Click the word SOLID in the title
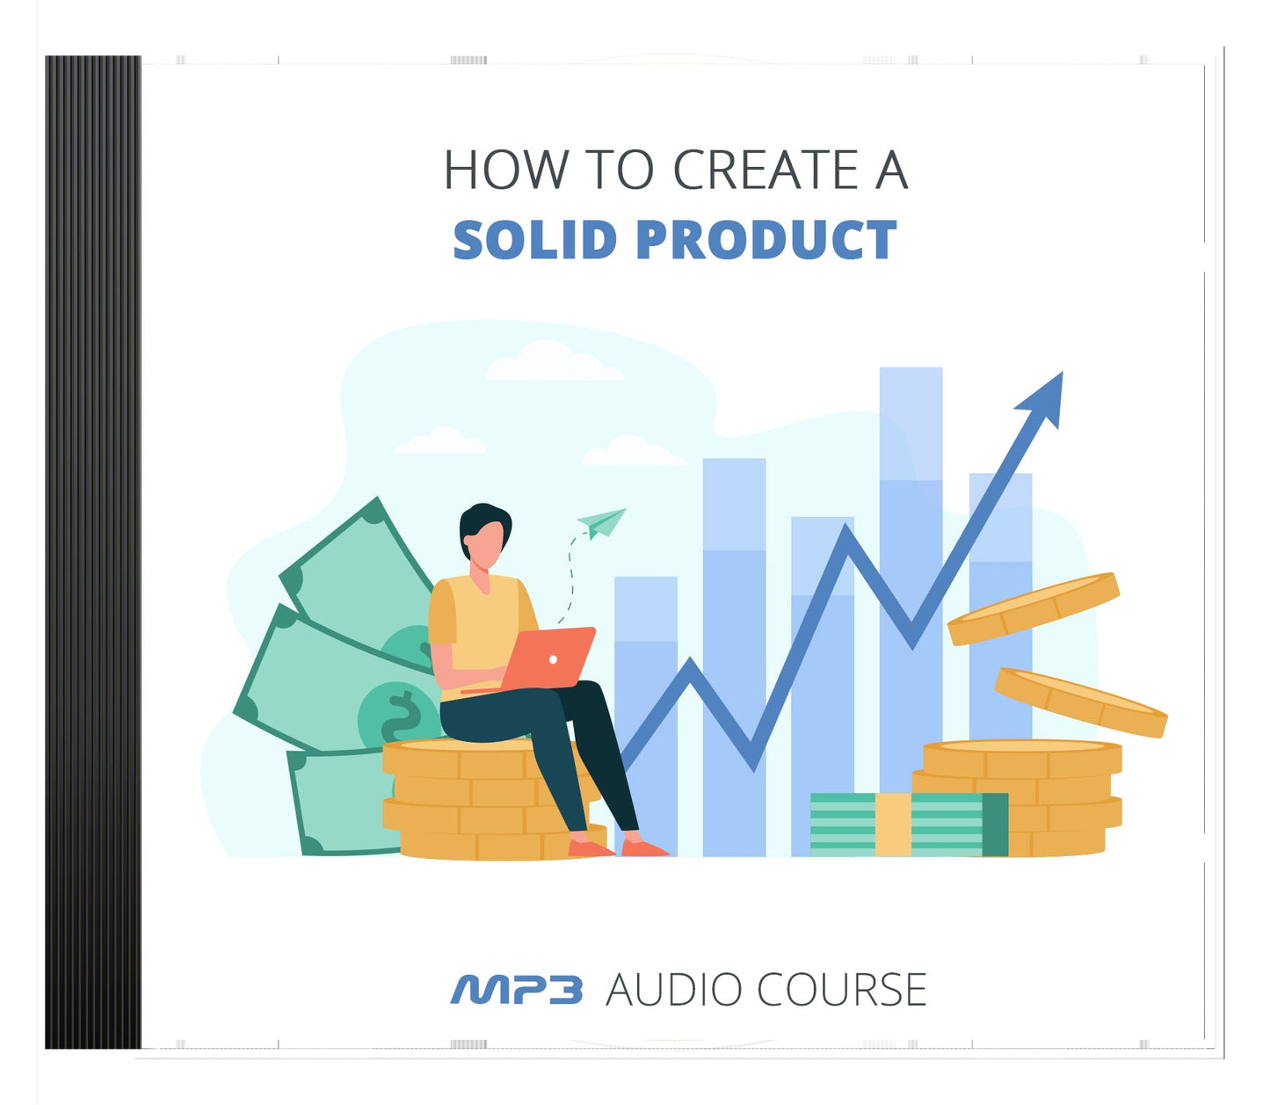click(x=534, y=240)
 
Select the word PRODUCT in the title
click(x=766, y=240)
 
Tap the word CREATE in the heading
click(x=766, y=170)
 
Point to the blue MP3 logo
click(x=516, y=990)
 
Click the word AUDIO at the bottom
click(x=674, y=990)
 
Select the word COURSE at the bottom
click(x=841, y=990)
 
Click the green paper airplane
click(x=603, y=522)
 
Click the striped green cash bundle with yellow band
click(x=908, y=825)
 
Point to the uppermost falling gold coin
click(x=1033, y=608)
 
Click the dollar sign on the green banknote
click(x=400, y=716)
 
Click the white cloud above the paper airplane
click(x=554, y=362)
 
